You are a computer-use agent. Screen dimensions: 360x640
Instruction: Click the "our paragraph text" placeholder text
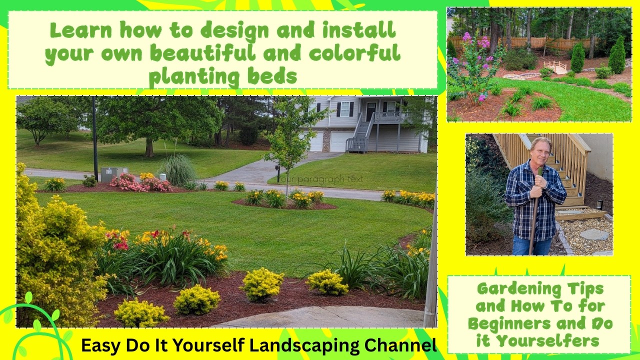tap(312, 178)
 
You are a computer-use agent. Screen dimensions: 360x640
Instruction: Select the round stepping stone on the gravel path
tap(594, 234)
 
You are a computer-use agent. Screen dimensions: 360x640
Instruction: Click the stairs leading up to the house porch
tap(361, 134)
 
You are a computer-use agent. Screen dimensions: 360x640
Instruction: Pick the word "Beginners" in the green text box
tap(503, 323)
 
